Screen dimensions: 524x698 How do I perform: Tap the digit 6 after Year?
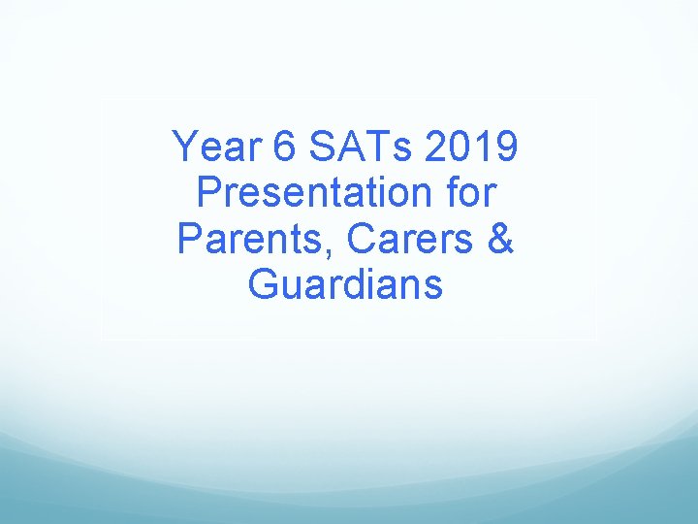click(x=285, y=148)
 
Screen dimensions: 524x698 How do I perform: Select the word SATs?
click(x=359, y=148)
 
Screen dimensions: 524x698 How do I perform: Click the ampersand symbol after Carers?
click(x=500, y=240)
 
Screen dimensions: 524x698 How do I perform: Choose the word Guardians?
click(x=346, y=285)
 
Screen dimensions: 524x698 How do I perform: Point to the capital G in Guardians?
click(x=264, y=285)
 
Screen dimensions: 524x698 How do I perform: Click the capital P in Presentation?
click(x=209, y=194)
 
